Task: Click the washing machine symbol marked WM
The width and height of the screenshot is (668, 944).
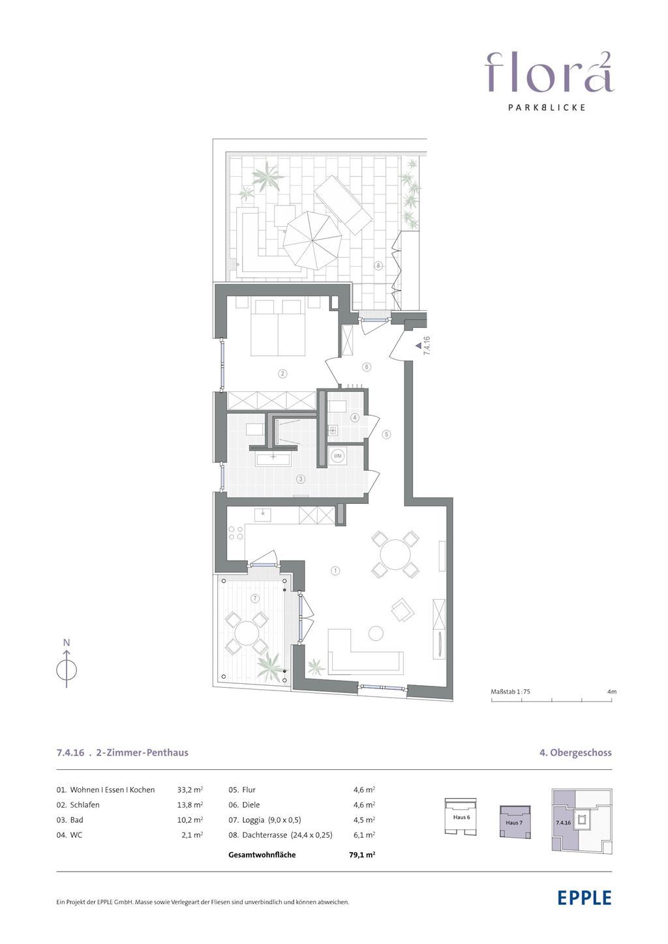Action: (337, 456)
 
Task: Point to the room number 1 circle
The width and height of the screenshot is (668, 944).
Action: (335, 571)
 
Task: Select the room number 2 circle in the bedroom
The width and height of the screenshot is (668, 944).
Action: (282, 374)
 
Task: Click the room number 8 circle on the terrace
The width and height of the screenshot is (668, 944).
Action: (378, 265)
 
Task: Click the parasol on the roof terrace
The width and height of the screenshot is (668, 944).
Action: (311, 239)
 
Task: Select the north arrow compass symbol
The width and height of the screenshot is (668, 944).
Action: (67, 670)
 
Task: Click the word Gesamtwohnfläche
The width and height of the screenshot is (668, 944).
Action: (262, 855)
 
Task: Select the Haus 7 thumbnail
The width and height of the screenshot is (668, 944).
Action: (515, 822)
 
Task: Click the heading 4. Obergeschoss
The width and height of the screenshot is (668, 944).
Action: (575, 753)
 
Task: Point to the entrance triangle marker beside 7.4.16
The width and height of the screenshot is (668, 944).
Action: (418, 345)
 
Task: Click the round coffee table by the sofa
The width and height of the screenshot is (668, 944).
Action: (376, 633)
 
